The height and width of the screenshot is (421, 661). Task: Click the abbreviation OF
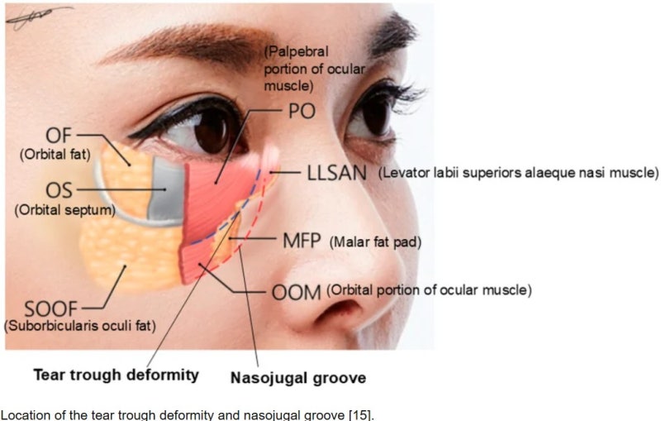(x=59, y=136)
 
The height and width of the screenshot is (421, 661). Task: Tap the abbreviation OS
(x=59, y=191)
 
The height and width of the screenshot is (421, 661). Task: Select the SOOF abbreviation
(x=51, y=309)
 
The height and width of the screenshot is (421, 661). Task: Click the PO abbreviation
(x=302, y=112)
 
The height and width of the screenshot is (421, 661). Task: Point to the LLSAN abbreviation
(x=337, y=173)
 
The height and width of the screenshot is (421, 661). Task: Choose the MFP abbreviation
(x=302, y=241)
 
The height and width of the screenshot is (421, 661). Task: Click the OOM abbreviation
(x=297, y=293)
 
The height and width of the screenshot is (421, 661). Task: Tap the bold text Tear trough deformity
(x=116, y=375)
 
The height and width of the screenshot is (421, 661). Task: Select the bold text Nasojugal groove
(x=298, y=377)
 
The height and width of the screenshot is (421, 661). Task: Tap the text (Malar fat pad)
(x=375, y=242)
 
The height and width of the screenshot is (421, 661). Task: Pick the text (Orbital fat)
(x=55, y=155)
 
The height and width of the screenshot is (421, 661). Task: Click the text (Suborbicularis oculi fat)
(x=80, y=326)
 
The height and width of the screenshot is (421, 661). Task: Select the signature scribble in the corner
(x=37, y=17)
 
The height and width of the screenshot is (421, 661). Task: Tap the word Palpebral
(x=296, y=52)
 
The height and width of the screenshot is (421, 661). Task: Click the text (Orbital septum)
(x=65, y=210)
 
